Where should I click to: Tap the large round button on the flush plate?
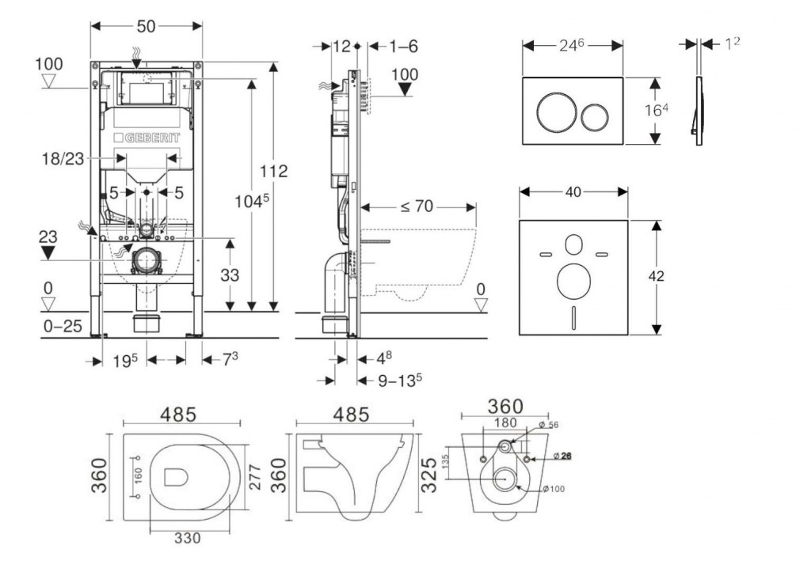[x=552, y=112]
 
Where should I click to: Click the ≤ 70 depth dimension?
[x=415, y=207]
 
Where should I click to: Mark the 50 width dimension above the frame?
[x=146, y=25]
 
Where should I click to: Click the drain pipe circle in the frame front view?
[x=147, y=259]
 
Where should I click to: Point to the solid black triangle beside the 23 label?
[x=49, y=252]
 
